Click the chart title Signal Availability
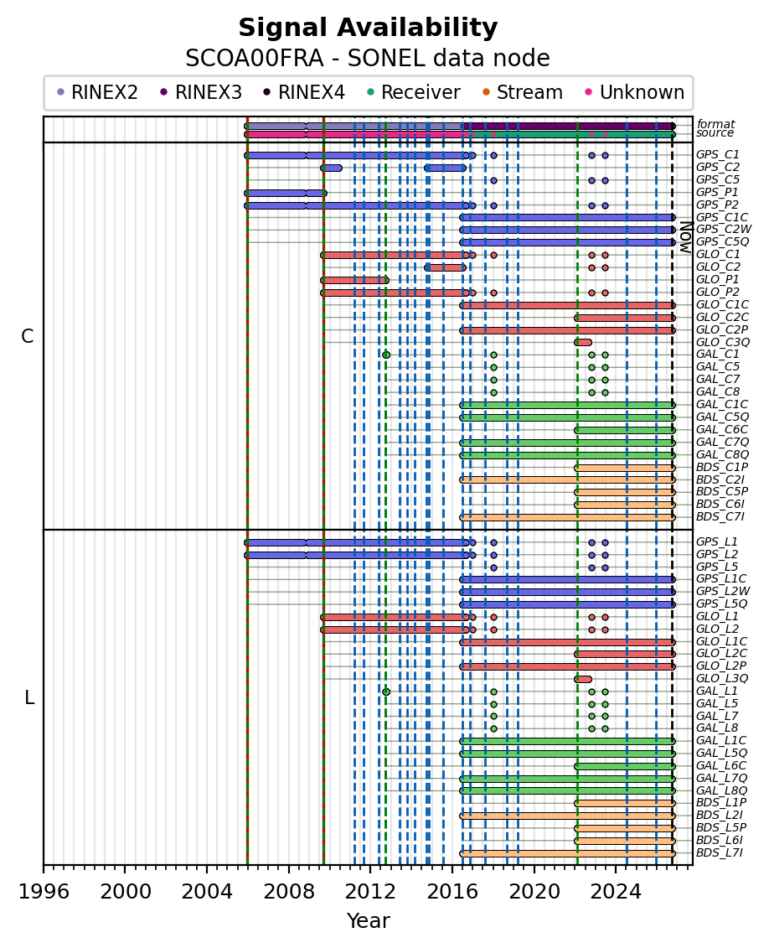pos(368,28)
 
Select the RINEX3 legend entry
pos(201,92)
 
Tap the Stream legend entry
pos(523,92)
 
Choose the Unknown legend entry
pos(635,92)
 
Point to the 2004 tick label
pos(207,892)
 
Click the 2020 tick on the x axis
pos(534,865)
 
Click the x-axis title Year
pos(368,921)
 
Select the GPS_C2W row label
pos(724,229)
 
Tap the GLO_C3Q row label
pos(722,342)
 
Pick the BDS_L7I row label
pos(720,853)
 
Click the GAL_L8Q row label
pos(722,790)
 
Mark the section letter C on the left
pos(27,337)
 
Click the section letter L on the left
pos(29,698)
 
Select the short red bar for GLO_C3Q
pos(583,342)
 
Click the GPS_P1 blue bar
pos(286,193)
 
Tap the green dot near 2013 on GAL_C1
pos(386,355)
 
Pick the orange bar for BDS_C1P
pos(625,468)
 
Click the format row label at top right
pos(716,124)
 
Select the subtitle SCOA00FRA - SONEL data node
pos(368,59)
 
